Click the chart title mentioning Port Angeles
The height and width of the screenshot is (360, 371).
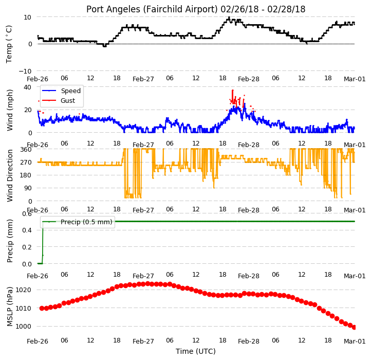point(196,9)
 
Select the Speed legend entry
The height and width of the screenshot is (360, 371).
point(61,91)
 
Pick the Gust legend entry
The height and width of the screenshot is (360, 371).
point(59,100)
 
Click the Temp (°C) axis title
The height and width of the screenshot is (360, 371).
point(9,44)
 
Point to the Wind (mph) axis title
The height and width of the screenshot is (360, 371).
point(10,110)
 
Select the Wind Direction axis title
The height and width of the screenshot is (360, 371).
point(10,175)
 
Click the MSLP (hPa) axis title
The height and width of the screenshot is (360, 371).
point(10,307)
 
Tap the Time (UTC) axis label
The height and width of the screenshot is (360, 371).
point(196,351)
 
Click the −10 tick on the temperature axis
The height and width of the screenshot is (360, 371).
point(25,71)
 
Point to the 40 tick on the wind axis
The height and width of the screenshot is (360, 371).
point(27,87)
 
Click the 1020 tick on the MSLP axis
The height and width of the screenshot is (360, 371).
point(23,290)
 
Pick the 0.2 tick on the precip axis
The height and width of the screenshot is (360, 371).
point(27,247)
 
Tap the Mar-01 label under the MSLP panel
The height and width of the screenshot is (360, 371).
point(355,341)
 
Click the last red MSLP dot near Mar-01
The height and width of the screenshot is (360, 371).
point(354,327)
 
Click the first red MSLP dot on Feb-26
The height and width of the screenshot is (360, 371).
point(42,308)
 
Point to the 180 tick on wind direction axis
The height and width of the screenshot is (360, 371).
point(26,175)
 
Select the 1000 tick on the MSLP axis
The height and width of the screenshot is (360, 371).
point(23,327)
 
